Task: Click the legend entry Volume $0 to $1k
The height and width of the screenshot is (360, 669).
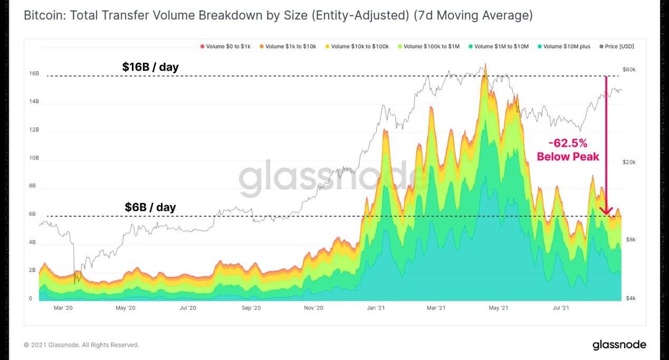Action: point(225,46)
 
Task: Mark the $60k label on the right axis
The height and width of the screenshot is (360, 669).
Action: point(629,70)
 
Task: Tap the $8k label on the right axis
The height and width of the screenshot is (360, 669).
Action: point(631,240)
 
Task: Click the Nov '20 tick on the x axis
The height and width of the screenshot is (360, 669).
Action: point(313,308)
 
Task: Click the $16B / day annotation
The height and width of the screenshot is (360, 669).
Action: point(150,67)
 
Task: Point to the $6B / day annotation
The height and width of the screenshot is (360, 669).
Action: point(150,207)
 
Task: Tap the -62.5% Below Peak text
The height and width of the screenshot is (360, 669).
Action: point(568,150)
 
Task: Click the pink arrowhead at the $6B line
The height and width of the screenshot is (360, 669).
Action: point(607,212)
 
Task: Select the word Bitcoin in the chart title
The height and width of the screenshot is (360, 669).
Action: point(42,16)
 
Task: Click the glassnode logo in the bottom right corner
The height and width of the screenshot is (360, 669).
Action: point(619,345)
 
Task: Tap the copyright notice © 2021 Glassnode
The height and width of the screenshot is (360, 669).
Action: point(81,345)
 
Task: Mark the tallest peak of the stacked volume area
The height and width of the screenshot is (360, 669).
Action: point(485,65)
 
